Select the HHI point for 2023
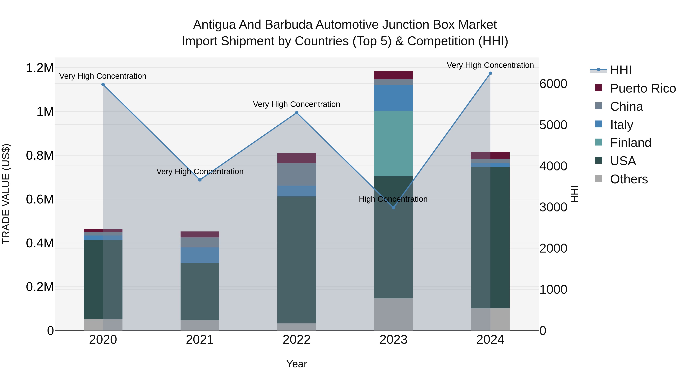[393, 208]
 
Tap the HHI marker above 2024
[490, 73]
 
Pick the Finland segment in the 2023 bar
[393, 144]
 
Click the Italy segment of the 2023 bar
[393, 98]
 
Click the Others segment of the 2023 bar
[393, 314]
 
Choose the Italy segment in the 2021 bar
[200, 255]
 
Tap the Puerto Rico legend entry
[643, 88]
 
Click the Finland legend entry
[631, 143]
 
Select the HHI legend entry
[621, 70]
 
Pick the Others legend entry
[629, 179]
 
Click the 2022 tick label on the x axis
[297, 340]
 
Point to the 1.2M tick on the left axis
[40, 68]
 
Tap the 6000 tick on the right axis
[553, 84]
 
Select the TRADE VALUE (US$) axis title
[6, 194]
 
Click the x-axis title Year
[297, 364]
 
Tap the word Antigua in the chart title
[214, 25]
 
